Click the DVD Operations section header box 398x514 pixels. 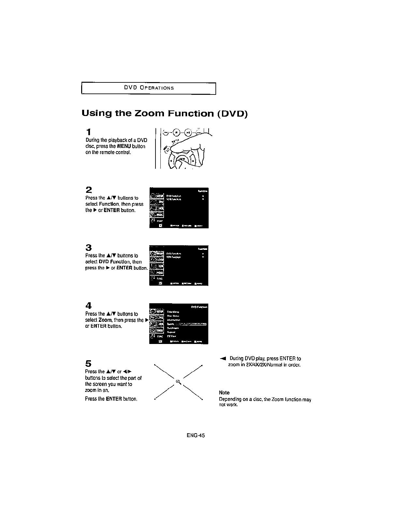pyautogui.click(x=149, y=88)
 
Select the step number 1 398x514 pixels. pyautogui.click(x=88, y=132)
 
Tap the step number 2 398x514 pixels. pyautogui.click(x=88, y=190)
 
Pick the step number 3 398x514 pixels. pyautogui.click(x=88, y=248)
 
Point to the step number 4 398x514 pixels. pyautogui.click(x=88, y=306)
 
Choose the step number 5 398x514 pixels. pyautogui.click(x=88, y=364)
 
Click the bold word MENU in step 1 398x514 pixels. pyautogui.click(x=124, y=146)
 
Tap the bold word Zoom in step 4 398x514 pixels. pyautogui.click(x=103, y=320)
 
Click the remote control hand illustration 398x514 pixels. pyautogui.click(x=184, y=148)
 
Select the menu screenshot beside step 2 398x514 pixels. pyautogui.click(x=179, y=208)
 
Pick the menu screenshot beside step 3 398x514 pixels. pyautogui.click(x=179, y=265)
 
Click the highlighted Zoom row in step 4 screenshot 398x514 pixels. pyautogui.click(x=186, y=324)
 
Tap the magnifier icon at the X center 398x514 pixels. pyautogui.click(x=178, y=381)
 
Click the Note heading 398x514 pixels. pyautogui.click(x=224, y=393)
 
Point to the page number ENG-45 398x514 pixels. pyautogui.click(x=196, y=435)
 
